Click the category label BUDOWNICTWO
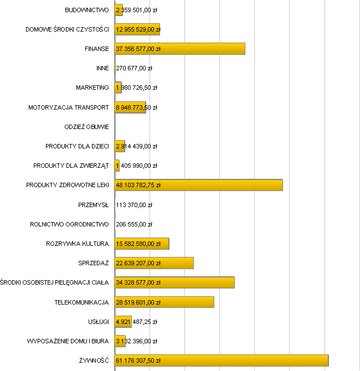pos(87,10)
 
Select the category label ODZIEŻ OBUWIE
pos(87,127)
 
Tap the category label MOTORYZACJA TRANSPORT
pos(69,107)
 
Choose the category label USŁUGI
pos(97,322)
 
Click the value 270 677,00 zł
pos(134,68)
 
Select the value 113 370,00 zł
pos(134,205)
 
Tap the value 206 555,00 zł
pos(134,224)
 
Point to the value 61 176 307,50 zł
pos(138,360)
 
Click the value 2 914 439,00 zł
pos(137,146)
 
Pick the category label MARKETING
pos(92,87)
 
